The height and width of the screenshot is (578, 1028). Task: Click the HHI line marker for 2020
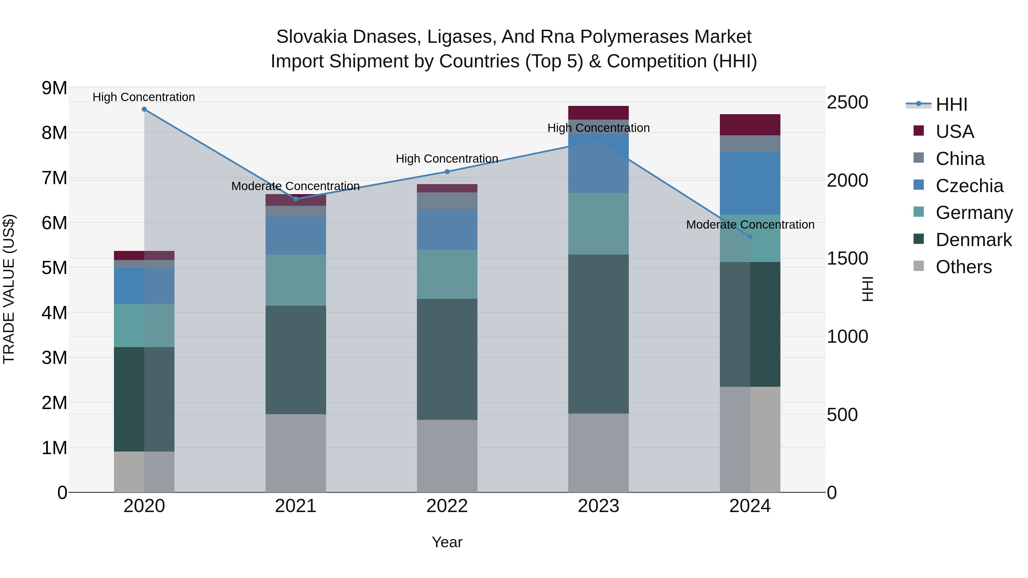click(144, 109)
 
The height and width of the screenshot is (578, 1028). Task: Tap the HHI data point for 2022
click(447, 172)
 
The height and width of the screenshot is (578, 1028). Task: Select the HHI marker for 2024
click(750, 237)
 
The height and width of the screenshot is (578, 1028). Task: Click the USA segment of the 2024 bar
click(750, 125)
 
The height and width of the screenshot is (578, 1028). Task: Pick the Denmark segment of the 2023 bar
click(598, 334)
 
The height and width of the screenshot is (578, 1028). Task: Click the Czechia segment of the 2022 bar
click(447, 229)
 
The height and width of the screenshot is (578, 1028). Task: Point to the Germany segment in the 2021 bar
click(296, 280)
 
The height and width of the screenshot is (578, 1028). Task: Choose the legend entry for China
click(960, 159)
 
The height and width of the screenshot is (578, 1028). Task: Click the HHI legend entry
click(951, 104)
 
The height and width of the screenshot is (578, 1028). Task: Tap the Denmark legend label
click(973, 240)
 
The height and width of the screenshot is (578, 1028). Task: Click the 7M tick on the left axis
click(54, 178)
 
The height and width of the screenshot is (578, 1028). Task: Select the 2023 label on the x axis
click(598, 506)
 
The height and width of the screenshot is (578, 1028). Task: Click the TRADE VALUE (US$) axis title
click(9, 289)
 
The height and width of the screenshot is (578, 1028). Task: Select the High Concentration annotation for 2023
click(598, 128)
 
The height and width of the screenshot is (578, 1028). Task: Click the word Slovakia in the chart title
click(312, 37)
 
